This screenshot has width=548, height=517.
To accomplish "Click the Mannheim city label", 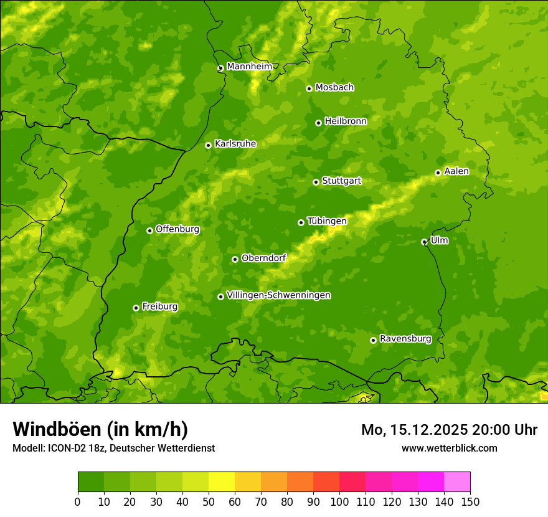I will point(249,67).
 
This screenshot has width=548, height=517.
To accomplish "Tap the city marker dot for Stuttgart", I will point(316,182).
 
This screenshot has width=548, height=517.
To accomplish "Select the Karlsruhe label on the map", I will point(235,144).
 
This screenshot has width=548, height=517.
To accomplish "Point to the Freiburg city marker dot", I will point(136,308).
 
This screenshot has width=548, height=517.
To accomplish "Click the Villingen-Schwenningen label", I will point(278,295).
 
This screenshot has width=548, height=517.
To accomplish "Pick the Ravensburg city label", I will point(405,339).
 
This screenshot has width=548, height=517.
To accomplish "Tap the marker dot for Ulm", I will point(424,242).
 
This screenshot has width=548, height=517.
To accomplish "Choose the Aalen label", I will point(456,171).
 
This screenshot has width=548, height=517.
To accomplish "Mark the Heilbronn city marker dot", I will point(318,123).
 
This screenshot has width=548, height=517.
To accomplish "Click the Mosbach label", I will point(334,88).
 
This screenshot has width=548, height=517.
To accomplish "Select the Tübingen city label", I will point(326,221).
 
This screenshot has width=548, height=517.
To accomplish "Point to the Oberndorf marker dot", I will point(235,259).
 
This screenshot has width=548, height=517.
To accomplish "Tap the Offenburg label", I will point(177,229).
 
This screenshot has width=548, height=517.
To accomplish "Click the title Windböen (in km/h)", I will point(100,429).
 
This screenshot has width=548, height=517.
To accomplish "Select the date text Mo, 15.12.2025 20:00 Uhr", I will point(449,430).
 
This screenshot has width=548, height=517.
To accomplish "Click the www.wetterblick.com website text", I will point(449,448).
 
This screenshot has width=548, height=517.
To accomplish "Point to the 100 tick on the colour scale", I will point(339,501).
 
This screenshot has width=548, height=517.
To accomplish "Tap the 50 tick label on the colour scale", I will point(209,501).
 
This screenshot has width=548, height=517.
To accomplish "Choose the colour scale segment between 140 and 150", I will point(457,482).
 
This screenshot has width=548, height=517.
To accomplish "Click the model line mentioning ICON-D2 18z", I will point(113,448).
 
